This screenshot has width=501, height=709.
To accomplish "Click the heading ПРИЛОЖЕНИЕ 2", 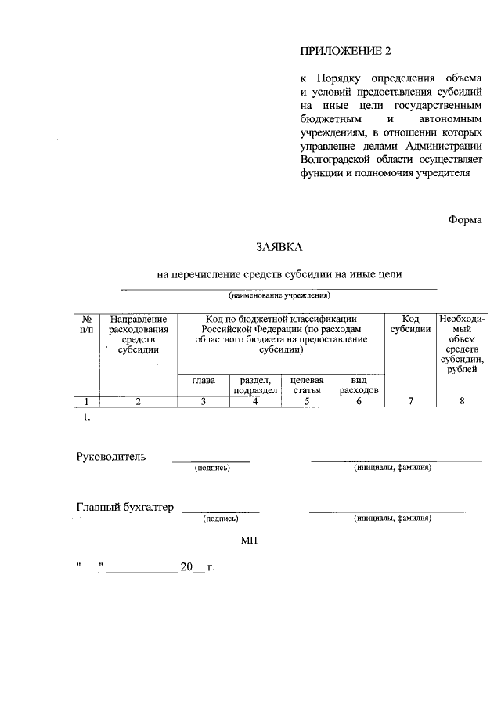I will (x=344, y=52).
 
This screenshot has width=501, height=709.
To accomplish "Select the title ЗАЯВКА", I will (x=279, y=248).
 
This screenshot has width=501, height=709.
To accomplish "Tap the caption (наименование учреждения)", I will (x=279, y=295).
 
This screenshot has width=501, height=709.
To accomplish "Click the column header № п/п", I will (x=88, y=324).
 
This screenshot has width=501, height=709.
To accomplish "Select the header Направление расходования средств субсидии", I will (x=138, y=335).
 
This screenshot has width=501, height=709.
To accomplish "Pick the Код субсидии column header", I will (x=410, y=324).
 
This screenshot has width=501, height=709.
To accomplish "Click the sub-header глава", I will (x=203, y=380).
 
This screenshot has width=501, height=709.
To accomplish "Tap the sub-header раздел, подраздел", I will (x=254, y=385).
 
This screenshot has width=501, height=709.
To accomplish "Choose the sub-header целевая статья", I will (x=306, y=385).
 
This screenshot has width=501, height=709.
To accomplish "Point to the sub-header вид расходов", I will (x=359, y=385).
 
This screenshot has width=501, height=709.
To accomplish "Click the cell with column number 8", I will (x=462, y=402).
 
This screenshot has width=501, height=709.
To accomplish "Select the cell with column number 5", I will (x=306, y=402).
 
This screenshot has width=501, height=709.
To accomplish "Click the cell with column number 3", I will (x=203, y=402).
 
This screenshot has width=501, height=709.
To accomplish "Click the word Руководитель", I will (x=110, y=457).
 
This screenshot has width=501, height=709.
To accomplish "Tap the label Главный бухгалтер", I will (x=124, y=508).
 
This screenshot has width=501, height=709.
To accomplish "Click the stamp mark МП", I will (x=248, y=541).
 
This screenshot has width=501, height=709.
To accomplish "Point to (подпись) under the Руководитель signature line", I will (x=211, y=468).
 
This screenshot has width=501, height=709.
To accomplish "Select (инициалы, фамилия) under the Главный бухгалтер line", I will (x=392, y=519).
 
